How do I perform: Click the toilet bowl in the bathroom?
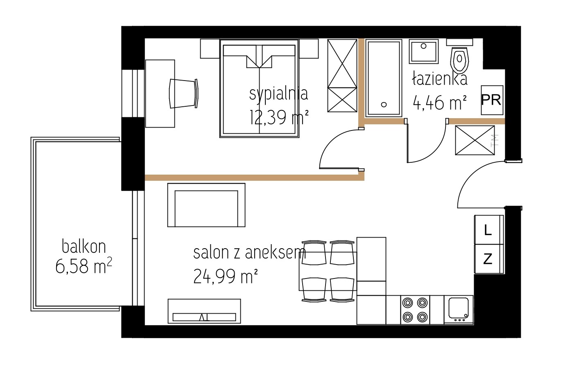point(460,60)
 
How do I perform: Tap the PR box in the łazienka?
point(492,100)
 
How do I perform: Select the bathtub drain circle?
point(384,105)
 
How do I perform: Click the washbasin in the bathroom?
point(424,52)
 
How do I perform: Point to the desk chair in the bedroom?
point(183,94)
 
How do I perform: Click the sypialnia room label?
point(278,94)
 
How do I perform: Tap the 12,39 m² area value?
point(279,117)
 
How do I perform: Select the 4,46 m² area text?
point(440,103)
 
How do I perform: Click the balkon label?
point(84,246)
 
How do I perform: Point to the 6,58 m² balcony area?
point(84,266)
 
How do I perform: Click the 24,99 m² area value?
point(226,276)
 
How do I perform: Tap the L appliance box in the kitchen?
point(489,230)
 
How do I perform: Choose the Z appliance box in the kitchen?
point(489,259)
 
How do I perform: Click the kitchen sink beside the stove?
point(459,310)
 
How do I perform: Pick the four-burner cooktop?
point(415,310)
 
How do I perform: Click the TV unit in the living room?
point(204,311)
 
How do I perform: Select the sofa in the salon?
point(206,205)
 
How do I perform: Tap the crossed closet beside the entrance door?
point(475,140)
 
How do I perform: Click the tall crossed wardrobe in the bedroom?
point(342,76)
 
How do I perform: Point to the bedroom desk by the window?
point(160,94)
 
